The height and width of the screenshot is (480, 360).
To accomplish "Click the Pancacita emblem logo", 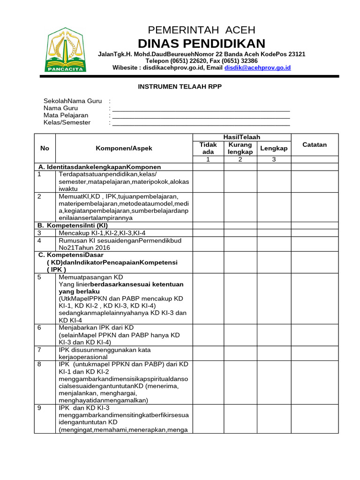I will [x=66, y=51].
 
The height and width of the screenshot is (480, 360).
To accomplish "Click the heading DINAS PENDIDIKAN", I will [x=202, y=44].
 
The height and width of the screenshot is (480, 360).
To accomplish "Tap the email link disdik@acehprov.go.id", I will [x=257, y=67].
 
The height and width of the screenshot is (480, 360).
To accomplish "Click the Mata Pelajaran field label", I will [x=66, y=115].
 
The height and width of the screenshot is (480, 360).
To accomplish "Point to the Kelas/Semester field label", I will [x=67, y=122].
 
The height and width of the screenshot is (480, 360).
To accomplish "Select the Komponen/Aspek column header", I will [x=124, y=148].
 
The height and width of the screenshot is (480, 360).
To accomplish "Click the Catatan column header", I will [x=314, y=145].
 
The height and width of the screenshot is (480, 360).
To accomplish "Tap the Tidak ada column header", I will [x=208, y=148].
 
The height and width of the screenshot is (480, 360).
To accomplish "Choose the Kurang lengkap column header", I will [x=240, y=148].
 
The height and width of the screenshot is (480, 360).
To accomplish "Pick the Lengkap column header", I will [x=274, y=148].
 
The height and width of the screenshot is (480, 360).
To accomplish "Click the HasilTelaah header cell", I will [x=242, y=137].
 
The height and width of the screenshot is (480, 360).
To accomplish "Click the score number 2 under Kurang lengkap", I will [x=240, y=159].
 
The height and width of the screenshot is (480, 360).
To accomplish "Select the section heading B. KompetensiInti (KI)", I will [x=73, y=225].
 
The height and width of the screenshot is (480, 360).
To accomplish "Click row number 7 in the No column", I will [x=39, y=350].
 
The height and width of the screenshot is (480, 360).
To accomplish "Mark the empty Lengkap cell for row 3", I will [x=274, y=232].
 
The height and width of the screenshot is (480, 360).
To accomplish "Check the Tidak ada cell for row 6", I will [x=208, y=335].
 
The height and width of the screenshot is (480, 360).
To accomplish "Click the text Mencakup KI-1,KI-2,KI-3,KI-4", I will [x=102, y=232].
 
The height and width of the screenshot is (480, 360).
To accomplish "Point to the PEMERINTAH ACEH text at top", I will [x=202, y=30].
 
